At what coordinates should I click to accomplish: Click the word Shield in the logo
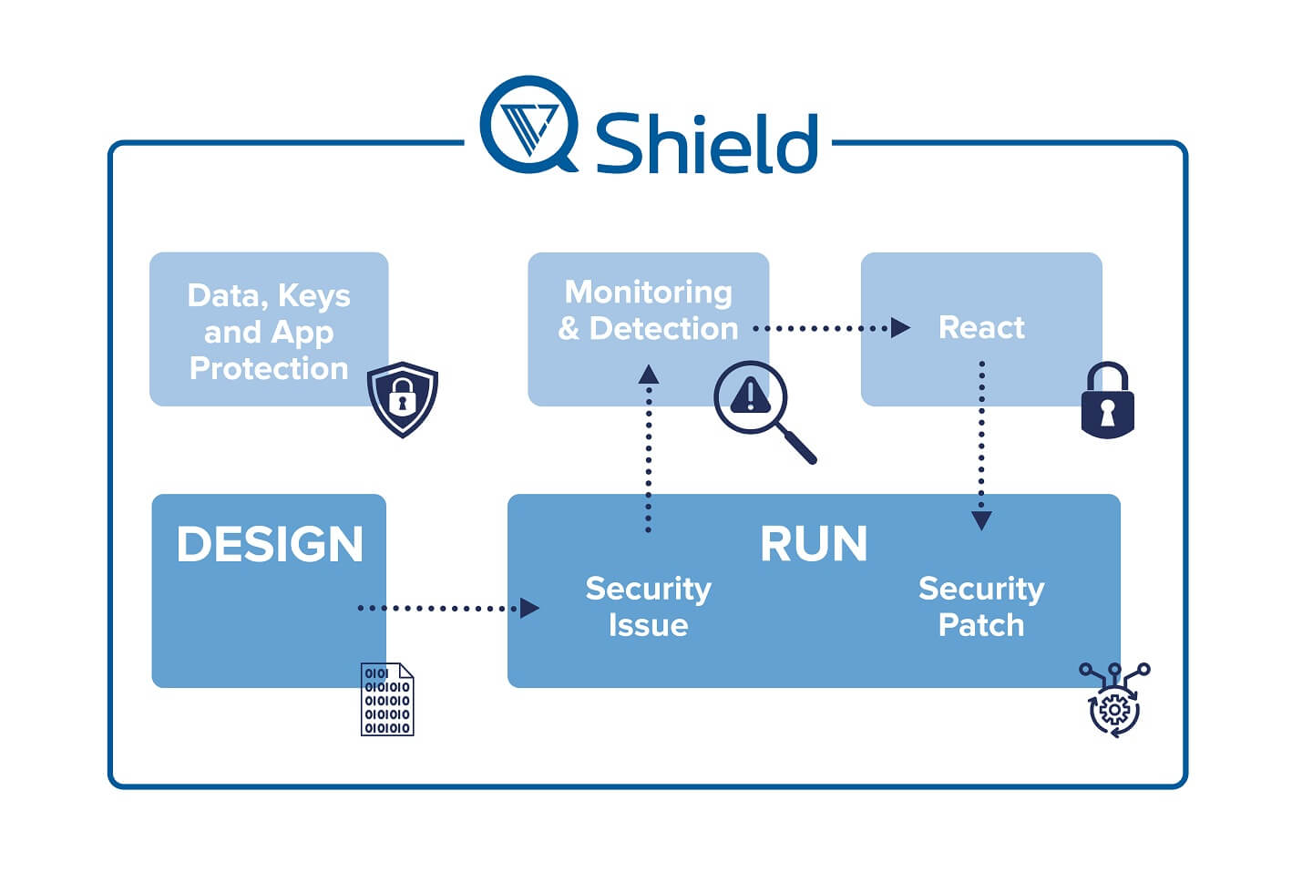click(x=706, y=143)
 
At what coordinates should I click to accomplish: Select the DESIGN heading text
click(x=270, y=544)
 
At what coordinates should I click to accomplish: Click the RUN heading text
click(x=814, y=543)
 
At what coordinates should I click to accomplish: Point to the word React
click(x=981, y=327)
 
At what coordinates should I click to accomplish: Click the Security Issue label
click(x=649, y=607)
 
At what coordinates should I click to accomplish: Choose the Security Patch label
click(x=981, y=607)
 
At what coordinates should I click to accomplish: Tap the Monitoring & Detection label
click(x=649, y=311)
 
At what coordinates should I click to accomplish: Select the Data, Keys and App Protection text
click(x=269, y=333)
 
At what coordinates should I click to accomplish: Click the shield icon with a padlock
click(x=403, y=399)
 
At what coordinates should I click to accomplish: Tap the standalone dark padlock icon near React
click(x=1107, y=400)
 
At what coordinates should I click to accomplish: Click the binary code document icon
click(x=387, y=699)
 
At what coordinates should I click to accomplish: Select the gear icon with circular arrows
click(x=1114, y=700)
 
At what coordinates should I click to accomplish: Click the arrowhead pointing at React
click(x=900, y=327)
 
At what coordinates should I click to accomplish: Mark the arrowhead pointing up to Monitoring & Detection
click(x=649, y=375)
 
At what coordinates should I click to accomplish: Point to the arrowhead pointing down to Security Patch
click(x=981, y=520)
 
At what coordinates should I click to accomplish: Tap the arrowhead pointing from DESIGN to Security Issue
click(x=529, y=608)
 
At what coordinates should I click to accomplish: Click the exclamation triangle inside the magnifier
click(x=750, y=395)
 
